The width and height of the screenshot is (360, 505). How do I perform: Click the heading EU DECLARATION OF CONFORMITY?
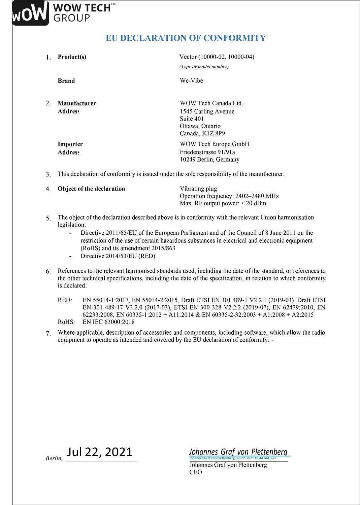pos(186,38)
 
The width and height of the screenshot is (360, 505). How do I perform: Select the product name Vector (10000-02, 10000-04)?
pos(217,57)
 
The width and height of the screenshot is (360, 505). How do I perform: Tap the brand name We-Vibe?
pos(191,81)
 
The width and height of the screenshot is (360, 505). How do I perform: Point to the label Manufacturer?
pos(77,103)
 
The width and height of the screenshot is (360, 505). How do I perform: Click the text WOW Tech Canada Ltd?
pos(211,103)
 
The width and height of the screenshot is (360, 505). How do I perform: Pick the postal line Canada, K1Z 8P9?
pos(202,134)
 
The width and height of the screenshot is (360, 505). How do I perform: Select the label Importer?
pos(70,144)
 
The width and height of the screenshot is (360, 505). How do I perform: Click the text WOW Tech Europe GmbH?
pos(215,144)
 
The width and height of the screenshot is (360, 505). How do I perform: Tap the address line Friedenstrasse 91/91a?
pos(207,152)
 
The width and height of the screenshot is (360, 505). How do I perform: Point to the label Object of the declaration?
pos(91,189)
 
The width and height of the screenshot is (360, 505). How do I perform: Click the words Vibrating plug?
pos(198,189)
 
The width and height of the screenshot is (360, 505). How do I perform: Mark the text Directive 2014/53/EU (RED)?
pos(118,256)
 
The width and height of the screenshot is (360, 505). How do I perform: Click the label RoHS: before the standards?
pos(66,322)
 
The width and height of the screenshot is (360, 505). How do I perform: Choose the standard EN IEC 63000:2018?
pos(108,322)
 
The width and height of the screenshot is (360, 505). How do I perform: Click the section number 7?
pos(48,334)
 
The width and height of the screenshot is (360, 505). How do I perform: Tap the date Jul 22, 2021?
pos(100,452)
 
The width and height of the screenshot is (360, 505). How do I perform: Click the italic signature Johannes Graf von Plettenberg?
pos(238,451)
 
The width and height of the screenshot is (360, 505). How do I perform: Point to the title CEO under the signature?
pos(196,472)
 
